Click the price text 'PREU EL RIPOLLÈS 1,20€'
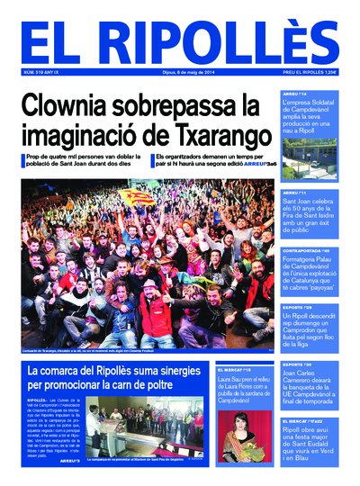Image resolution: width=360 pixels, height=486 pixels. [310, 72]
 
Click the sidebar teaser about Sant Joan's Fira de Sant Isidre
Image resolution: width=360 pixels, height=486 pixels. [310, 213]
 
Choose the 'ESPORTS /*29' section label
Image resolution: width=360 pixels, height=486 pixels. [297, 306]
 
